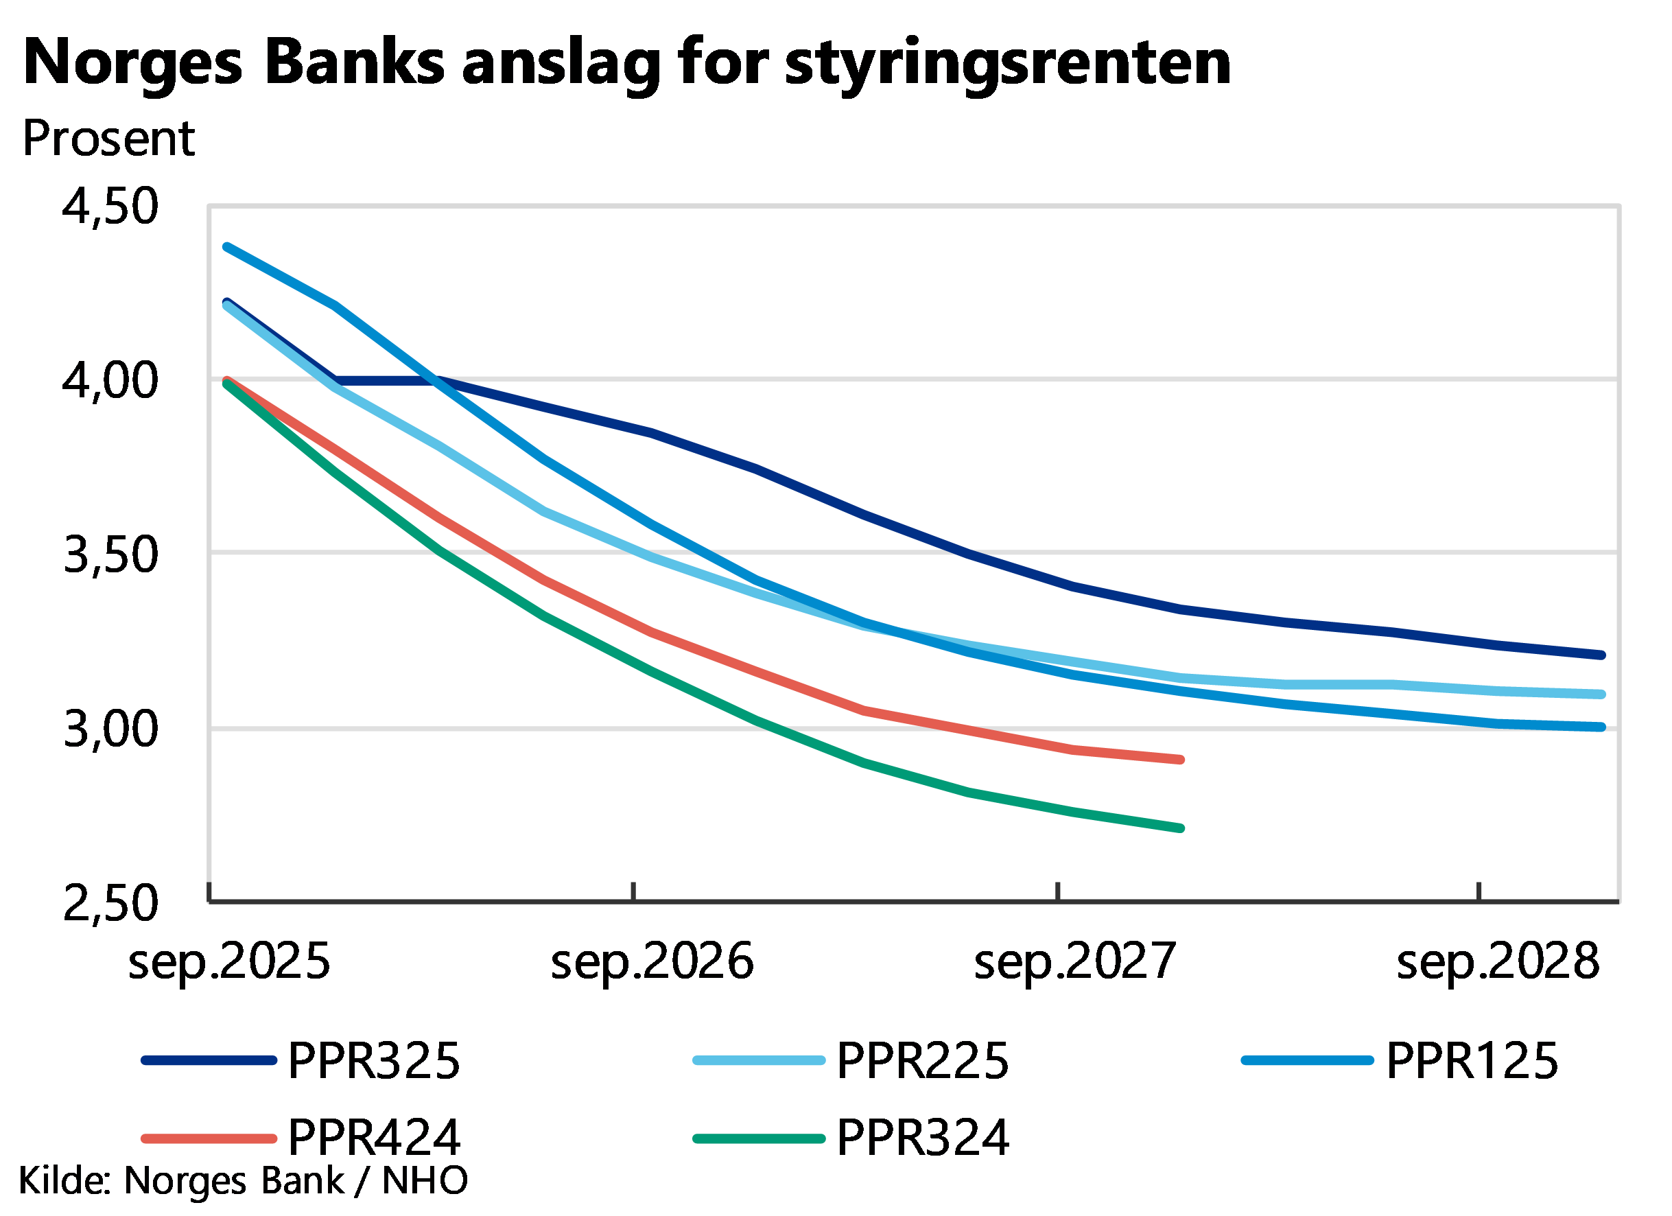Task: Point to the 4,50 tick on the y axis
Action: (x=110, y=206)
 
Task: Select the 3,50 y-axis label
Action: (x=110, y=554)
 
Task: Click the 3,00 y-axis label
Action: (x=110, y=729)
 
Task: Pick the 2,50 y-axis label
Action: (x=110, y=902)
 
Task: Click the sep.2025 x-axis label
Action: (x=229, y=961)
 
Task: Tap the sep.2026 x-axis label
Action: (x=652, y=961)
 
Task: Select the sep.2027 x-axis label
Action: (x=1075, y=961)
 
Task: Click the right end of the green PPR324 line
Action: (x=1180, y=828)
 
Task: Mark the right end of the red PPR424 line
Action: (x=1180, y=760)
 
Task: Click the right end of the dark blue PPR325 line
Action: (x=1601, y=655)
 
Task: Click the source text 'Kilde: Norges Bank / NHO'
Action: (x=244, y=1180)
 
